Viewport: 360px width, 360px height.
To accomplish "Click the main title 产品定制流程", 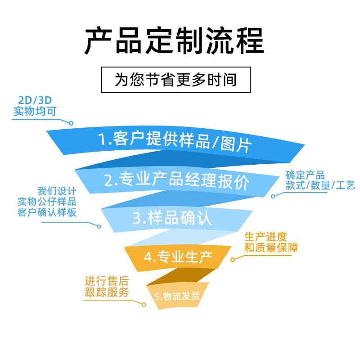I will pyautogui.click(x=175, y=41).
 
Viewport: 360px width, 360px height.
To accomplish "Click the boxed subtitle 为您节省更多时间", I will pyautogui.click(x=175, y=80).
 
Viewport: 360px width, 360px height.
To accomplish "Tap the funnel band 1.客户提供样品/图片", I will pyautogui.click(x=175, y=141).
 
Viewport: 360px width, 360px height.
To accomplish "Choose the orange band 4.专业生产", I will pyautogui.click(x=178, y=257).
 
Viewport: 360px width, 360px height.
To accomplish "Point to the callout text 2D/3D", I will pyautogui.click(x=35, y=100).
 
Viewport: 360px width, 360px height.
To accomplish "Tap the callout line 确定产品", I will pyautogui.click(x=305, y=175).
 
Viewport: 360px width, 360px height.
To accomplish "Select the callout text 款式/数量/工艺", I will pyautogui.click(x=320, y=185).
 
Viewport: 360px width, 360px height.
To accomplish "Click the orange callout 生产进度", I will pyautogui.click(x=265, y=237).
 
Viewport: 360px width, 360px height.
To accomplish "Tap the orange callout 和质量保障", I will pyautogui.click(x=270, y=247).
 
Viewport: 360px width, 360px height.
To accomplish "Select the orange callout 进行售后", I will pyautogui.click(x=107, y=282).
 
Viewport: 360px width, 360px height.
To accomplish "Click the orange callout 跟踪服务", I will pyautogui.click(x=107, y=292).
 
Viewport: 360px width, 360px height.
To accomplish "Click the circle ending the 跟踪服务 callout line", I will pyautogui.click(x=144, y=305).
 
